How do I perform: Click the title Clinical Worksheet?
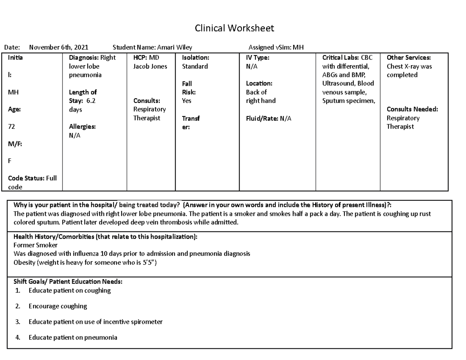pos(234,28)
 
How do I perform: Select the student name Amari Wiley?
pos(174,48)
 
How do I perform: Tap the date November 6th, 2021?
pos(59,48)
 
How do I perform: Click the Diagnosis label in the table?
pos(82,58)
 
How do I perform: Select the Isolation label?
pos(195,58)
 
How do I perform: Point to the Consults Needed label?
pos(412,110)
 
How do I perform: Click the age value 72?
pos(11,127)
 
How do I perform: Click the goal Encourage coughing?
pos(57,306)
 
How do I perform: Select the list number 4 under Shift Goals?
pos(17,337)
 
